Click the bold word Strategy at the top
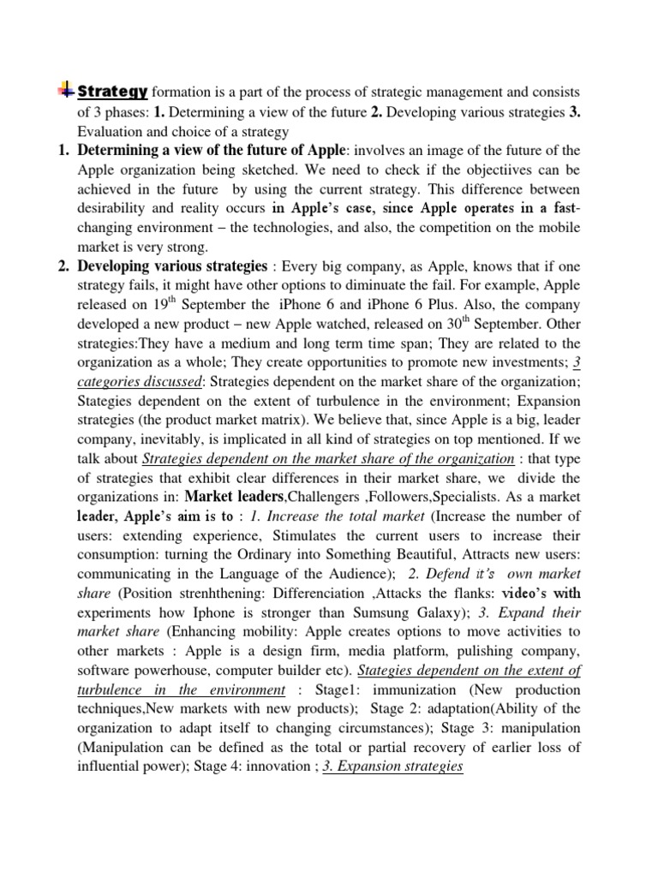113,92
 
